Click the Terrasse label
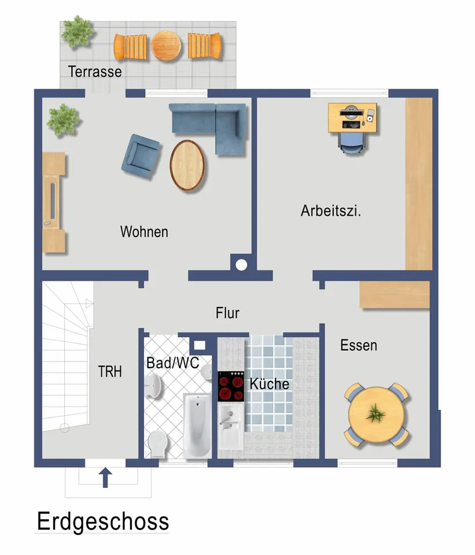(x=95, y=72)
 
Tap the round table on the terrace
(x=166, y=46)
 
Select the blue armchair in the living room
(x=140, y=157)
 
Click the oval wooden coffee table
(x=187, y=165)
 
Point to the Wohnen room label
(x=144, y=232)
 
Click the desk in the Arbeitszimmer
(x=352, y=118)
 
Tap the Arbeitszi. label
(x=331, y=210)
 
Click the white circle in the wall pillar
(x=241, y=265)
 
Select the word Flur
(x=227, y=313)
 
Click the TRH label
(x=110, y=372)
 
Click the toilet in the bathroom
(x=158, y=444)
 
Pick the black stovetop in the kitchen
(x=231, y=386)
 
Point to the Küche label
(x=269, y=384)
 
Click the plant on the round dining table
(x=375, y=413)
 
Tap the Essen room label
(x=359, y=346)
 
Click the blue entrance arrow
(x=105, y=478)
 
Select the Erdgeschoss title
(x=103, y=521)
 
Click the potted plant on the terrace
(x=77, y=32)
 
